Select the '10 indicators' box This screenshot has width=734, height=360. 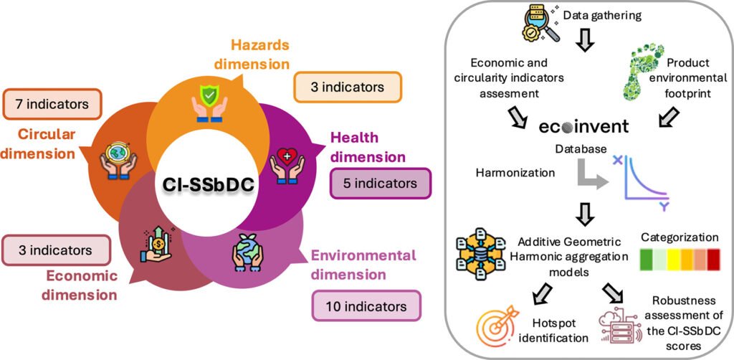click(366, 306)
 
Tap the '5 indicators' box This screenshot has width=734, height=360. click(381, 184)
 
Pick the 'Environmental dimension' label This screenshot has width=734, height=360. click(363, 265)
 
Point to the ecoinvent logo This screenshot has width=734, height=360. click(583, 127)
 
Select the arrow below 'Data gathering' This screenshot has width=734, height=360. click(585, 41)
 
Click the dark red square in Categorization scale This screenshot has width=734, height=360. click(714, 260)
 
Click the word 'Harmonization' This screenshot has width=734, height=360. click(516, 173)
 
